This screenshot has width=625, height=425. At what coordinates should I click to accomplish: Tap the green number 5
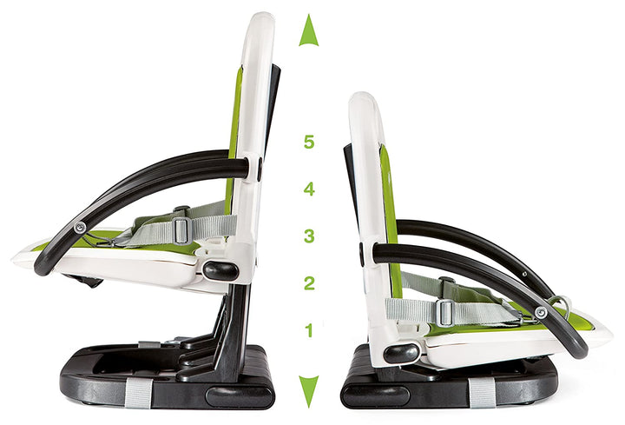(308, 142)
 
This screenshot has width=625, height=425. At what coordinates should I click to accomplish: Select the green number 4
(308, 189)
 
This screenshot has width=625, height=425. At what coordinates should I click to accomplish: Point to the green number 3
(308, 236)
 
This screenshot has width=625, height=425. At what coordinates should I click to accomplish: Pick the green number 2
(308, 282)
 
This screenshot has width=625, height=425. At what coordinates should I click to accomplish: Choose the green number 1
(309, 329)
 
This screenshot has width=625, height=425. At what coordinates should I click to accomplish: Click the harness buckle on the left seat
(181, 229)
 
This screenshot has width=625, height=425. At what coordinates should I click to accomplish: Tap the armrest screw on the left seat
(80, 228)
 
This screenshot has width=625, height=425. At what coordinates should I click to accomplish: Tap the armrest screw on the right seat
(541, 311)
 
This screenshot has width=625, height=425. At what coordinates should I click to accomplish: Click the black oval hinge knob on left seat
(221, 270)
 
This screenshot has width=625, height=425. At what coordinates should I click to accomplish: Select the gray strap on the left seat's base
(137, 392)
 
